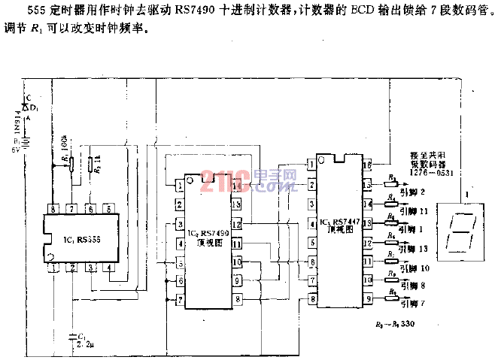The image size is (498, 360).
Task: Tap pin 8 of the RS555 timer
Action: pyautogui.click(x=52, y=208)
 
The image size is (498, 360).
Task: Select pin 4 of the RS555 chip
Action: pyautogui.click(x=109, y=268)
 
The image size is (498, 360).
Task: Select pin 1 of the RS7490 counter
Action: pyautogui.click(x=181, y=184)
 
